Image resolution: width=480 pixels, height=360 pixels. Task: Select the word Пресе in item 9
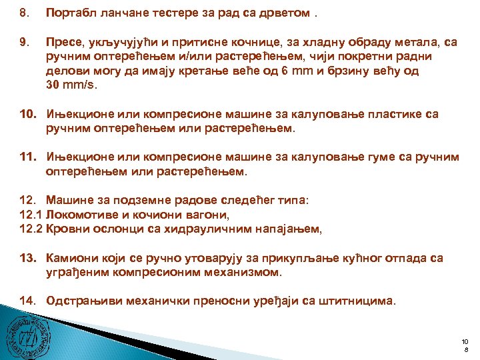tap(63, 43)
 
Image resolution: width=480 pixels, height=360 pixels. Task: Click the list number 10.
tap(27, 114)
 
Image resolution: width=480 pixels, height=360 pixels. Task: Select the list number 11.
tap(27, 157)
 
